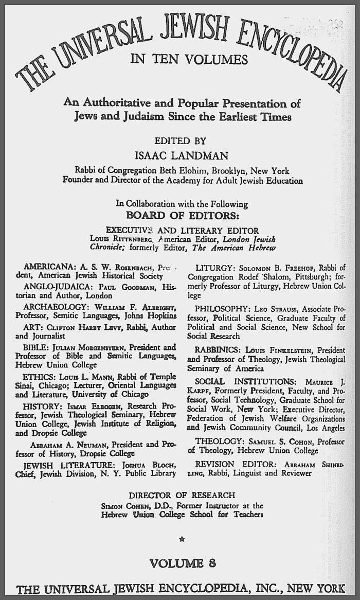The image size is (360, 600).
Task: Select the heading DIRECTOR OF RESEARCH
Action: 182,496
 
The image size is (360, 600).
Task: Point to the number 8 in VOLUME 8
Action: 212,563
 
